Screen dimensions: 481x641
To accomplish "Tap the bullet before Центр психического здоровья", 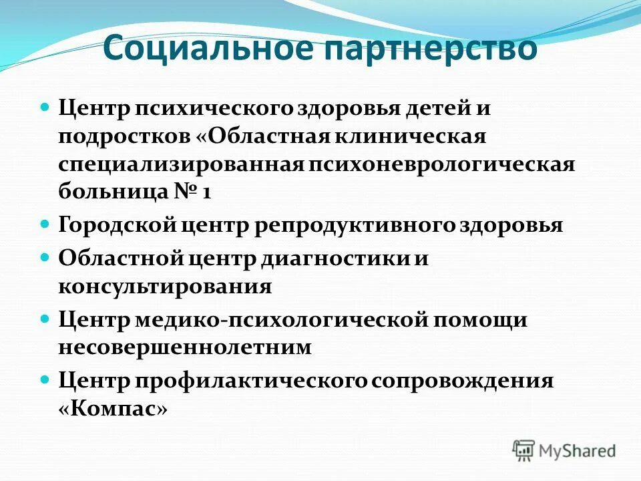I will [x=45, y=107].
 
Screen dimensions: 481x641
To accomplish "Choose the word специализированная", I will [x=180, y=164].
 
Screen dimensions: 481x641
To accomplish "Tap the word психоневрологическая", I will [x=441, y=164].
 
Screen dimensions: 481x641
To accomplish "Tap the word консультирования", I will [x=165, y=287].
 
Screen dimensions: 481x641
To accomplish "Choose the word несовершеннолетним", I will [x=185, y=347].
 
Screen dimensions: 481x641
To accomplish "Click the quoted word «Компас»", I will [x=112, y=409].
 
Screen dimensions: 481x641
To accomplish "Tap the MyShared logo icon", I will [x=524, y=450].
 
